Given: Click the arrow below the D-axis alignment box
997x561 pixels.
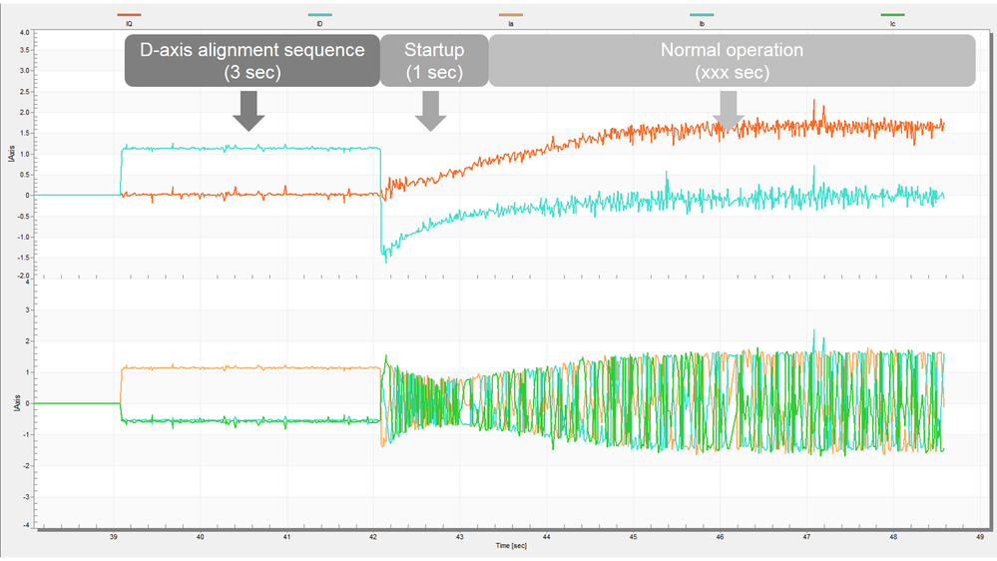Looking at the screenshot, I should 249,111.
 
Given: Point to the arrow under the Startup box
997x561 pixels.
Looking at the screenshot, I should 430,111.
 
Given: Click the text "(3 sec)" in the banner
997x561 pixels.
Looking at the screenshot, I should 251,72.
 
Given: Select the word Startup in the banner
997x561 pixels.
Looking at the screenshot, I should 434,50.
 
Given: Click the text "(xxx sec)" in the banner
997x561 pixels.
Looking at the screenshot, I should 732,72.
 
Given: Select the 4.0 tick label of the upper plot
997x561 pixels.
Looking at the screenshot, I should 23,32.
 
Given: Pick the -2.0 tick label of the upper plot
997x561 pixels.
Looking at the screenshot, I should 22,275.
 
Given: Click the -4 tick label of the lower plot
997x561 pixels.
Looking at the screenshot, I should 25,525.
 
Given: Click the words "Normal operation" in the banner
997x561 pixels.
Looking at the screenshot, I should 732,50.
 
